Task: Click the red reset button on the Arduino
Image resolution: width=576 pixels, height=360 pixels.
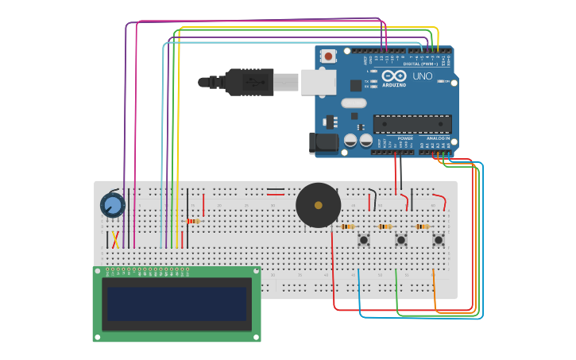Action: tap(328, 56)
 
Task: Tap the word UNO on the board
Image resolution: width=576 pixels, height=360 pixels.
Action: tap(423, 76)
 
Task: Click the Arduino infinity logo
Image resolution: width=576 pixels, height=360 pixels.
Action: tap(393, 75)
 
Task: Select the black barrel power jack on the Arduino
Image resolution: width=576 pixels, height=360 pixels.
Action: tap(320, 143)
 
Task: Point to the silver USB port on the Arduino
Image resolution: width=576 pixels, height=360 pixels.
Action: tap(318, 82)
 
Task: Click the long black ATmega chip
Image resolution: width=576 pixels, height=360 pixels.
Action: tap(412, 124)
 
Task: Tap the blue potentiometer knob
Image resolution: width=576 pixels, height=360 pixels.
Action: tap(113, 206)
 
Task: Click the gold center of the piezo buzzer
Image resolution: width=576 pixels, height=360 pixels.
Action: tap(319, 205)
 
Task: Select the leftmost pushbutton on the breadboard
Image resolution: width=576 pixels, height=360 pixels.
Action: tap(364, 239)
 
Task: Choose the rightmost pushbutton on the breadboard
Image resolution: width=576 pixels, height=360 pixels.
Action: tap(438, 239)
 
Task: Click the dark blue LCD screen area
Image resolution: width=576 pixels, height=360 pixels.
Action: tap(177, 304)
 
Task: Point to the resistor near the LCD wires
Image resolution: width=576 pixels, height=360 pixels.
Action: tap(192, 221)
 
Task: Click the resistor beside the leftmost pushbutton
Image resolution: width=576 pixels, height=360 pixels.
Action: tap(347, 226)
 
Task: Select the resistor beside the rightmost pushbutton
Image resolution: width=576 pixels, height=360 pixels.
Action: tap(422, 226)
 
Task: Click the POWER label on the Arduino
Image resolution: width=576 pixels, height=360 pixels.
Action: tap(404, 138)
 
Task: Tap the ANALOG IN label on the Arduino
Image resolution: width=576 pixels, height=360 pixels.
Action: tap(439, 138)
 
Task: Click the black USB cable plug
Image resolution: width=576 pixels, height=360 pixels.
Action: tap(242, 82)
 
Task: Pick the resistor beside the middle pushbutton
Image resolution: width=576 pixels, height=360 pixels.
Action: tap(385, 226)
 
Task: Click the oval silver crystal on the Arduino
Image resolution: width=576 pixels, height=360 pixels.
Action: tap(354, 103)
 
